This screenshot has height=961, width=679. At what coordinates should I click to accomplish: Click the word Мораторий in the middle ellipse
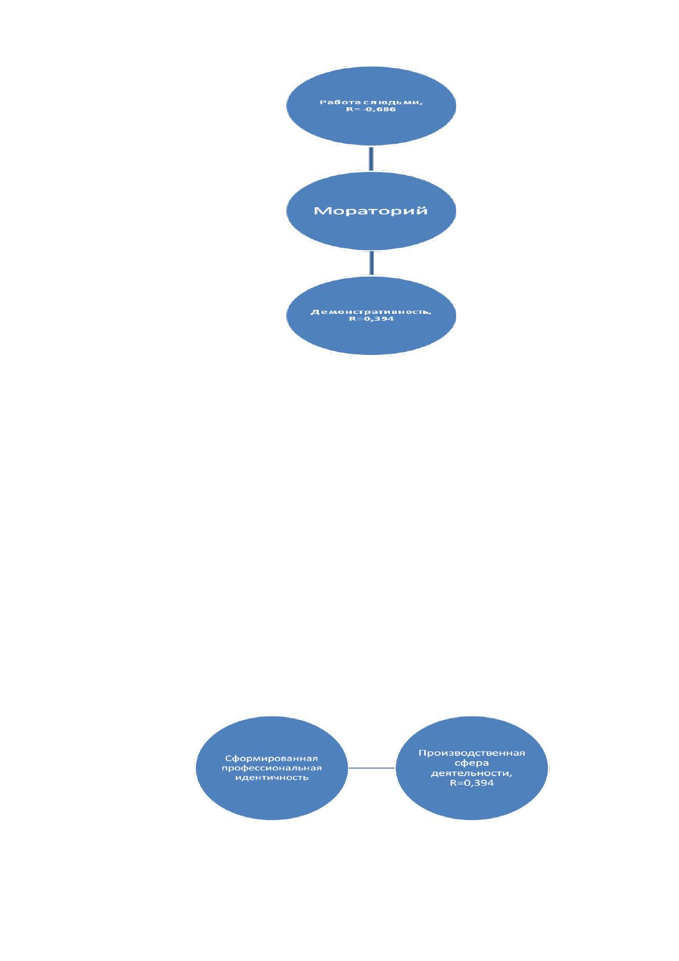click(x=371, y=211)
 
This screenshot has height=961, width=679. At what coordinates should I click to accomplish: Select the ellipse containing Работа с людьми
click(x=371, y=106)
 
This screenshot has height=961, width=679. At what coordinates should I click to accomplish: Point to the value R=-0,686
click(x=371, y=110)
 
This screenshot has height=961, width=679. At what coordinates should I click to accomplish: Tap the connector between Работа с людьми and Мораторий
click(x=371, y=159)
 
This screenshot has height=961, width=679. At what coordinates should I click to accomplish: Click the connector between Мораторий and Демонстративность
click(x=371, y=263)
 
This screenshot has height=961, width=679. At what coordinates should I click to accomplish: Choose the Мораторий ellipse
click(x=371, y=211)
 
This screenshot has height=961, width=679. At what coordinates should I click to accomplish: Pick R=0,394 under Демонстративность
click(x=371, y=319)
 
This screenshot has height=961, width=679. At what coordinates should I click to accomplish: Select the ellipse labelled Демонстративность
click(x=371, y=316)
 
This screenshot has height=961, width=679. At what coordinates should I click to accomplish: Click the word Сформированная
click(x=271, y=758)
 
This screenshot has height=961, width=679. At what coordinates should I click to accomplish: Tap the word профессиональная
click(x=271, y=768)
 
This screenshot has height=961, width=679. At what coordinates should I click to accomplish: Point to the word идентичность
click(x=271, y=777)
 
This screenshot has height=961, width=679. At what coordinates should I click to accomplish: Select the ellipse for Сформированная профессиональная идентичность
click(x=271, y=768)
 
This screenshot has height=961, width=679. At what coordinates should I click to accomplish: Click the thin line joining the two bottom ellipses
click(x=371, y=768)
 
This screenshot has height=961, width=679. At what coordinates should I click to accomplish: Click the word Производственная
click(x=471, y=753)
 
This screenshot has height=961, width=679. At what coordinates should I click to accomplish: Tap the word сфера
click(x=471, y=763)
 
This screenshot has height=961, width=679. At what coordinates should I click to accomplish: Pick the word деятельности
click(x=471, y=773)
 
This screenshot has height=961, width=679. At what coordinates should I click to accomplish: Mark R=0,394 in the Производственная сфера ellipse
click(x=471, y=782)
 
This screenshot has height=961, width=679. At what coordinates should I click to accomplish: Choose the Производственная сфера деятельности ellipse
click(x=471, y=768)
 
